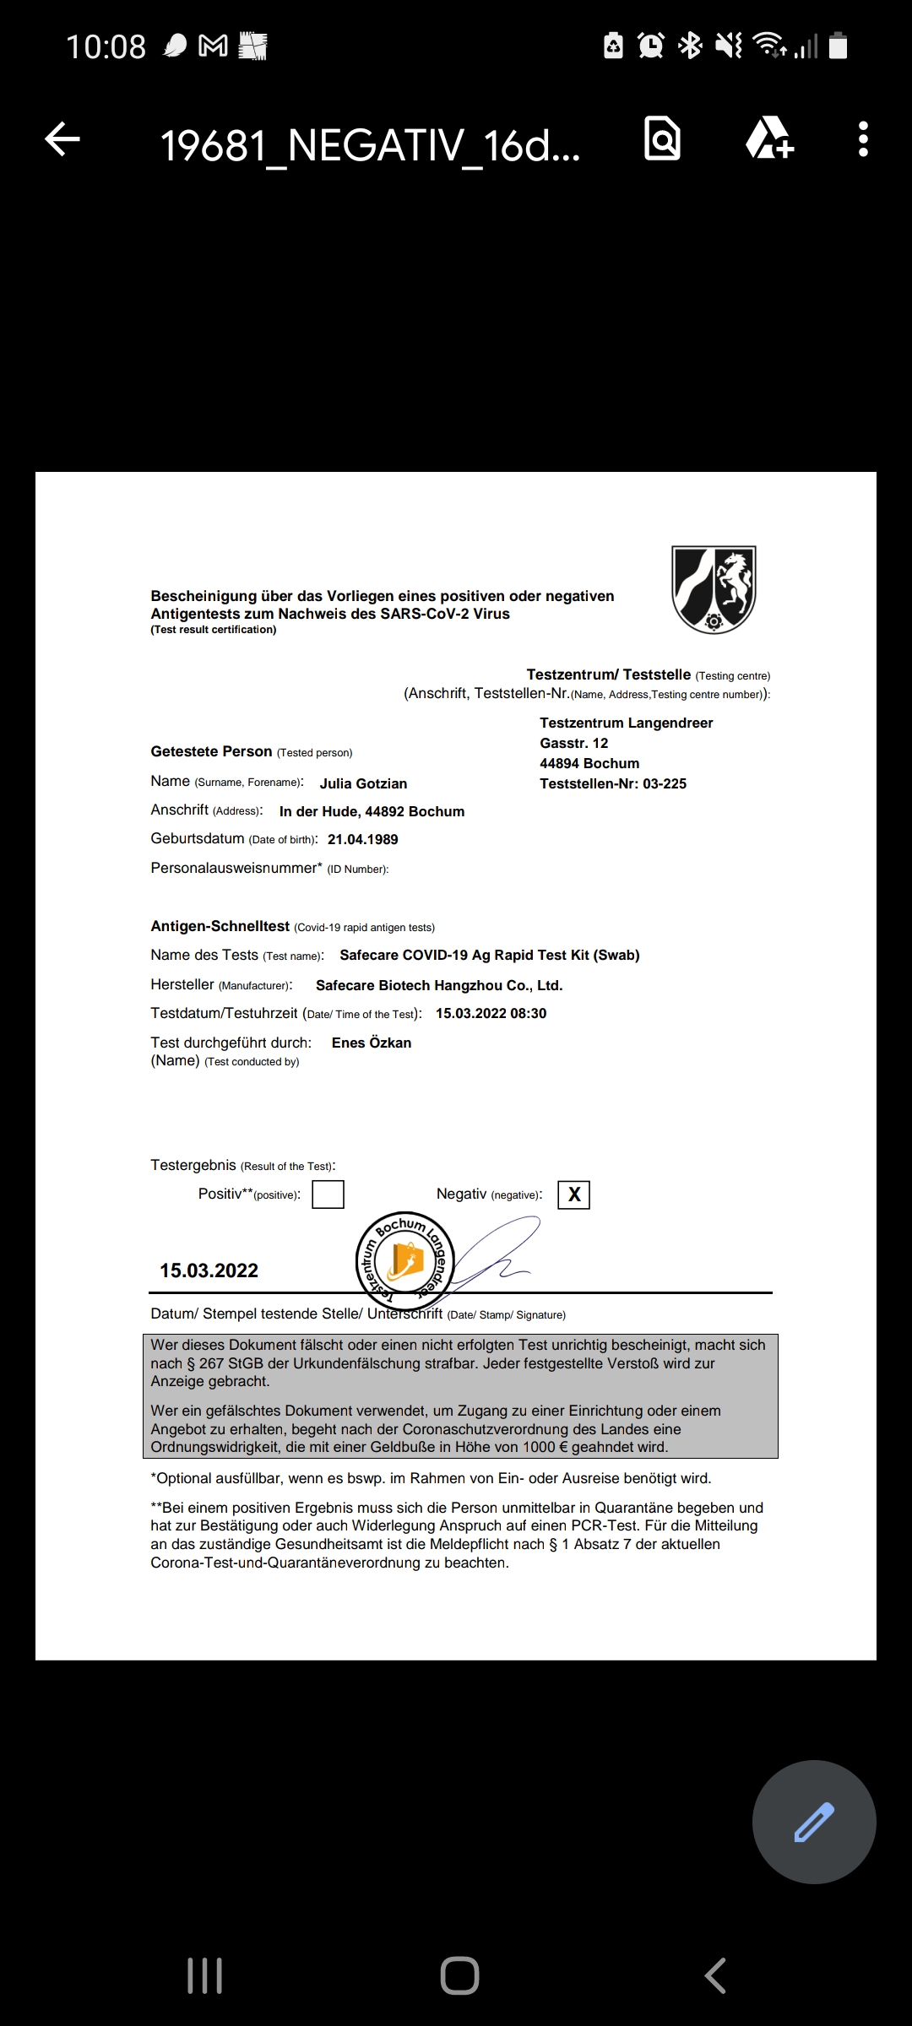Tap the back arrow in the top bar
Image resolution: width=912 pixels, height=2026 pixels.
62,139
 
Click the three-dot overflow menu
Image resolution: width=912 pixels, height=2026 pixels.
862,139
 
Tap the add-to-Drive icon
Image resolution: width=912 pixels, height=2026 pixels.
769,138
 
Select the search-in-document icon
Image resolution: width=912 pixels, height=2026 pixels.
663,138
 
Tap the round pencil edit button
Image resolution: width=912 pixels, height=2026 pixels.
814,1821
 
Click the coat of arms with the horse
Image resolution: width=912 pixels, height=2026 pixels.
714,589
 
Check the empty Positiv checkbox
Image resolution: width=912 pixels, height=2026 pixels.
328,1194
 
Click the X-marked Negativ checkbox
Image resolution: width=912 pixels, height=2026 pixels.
574,1194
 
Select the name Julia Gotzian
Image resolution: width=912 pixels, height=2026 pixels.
363,783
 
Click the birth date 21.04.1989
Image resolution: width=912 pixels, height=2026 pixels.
363,839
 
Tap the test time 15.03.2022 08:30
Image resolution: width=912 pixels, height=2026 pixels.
491,1013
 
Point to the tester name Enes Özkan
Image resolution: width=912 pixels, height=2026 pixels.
372,1043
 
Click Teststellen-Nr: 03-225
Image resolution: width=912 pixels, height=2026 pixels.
613,783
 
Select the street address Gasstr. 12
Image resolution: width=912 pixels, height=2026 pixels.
574,743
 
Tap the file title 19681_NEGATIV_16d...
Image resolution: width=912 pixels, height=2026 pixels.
370,145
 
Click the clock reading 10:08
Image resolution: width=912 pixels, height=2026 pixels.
106,46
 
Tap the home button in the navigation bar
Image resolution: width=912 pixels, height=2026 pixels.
459,1975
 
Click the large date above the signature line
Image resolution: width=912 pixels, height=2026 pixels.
209,1270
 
